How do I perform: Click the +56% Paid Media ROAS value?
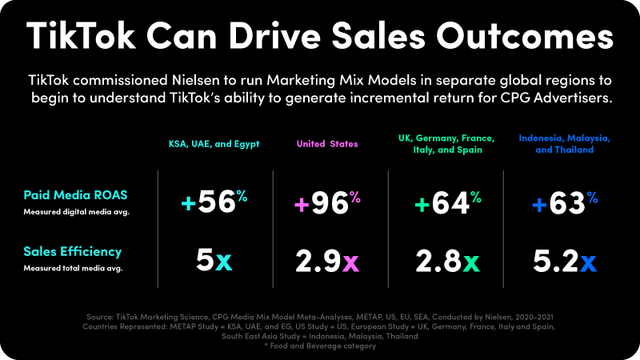[210, 204]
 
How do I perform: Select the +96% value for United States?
[327, 204]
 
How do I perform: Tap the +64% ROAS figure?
[444, 204]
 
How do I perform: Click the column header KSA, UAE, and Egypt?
[210, 144]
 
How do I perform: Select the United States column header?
[327, 144]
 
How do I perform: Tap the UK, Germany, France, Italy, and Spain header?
[444, 144]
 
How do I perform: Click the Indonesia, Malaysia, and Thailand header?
[565, 144]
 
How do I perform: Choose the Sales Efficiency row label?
[73, 252]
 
